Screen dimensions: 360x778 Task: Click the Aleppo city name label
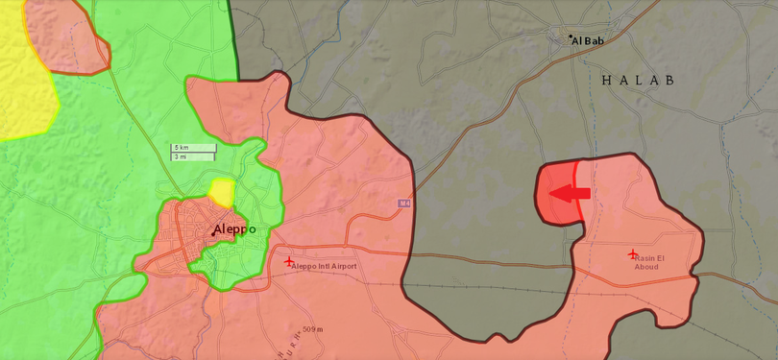coord(235,229)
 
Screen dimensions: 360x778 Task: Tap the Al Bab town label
coord(588,41)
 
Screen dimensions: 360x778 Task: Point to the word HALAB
coord(638,81)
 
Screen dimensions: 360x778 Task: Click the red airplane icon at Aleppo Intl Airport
coord(289,261)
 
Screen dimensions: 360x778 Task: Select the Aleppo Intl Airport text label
coord(325,266)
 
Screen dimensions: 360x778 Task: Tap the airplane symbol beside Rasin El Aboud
coord(633,253)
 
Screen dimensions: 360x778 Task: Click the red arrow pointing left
coord(569,193)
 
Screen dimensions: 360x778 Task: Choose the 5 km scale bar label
coord(181,148)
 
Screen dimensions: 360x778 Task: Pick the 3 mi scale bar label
coord(180,156)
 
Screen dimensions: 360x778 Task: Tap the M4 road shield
coord(404,204)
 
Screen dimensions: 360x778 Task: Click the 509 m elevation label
coord(313,330)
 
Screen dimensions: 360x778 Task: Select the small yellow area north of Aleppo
coord(222,193)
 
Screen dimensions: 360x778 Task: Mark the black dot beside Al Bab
coord(571,37)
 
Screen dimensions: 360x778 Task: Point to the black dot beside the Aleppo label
coord(213,234)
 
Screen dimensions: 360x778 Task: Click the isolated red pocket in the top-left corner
coord(64,34)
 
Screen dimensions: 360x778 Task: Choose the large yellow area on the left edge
coord(19,77)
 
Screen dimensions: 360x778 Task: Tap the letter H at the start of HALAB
coord(607,81)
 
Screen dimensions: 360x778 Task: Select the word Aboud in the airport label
coord(646,268)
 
